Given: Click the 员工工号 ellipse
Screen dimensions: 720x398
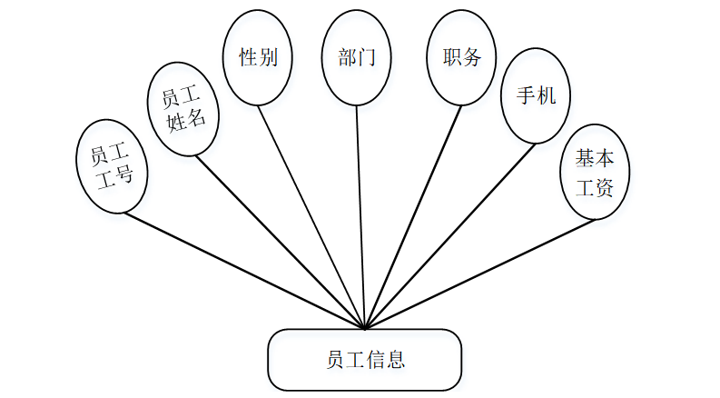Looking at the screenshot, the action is (x=113, y=164).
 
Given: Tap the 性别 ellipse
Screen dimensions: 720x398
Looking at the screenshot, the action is (x=258, y=57).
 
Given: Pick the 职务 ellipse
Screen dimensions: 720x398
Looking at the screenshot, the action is (x=461, y=57).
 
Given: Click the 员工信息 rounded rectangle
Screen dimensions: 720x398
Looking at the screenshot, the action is (x=364, y=359).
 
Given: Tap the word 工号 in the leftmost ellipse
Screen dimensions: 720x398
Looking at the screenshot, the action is (x=120, y=175).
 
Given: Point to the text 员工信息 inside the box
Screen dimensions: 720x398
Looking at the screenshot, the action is (x=365, y=359).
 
